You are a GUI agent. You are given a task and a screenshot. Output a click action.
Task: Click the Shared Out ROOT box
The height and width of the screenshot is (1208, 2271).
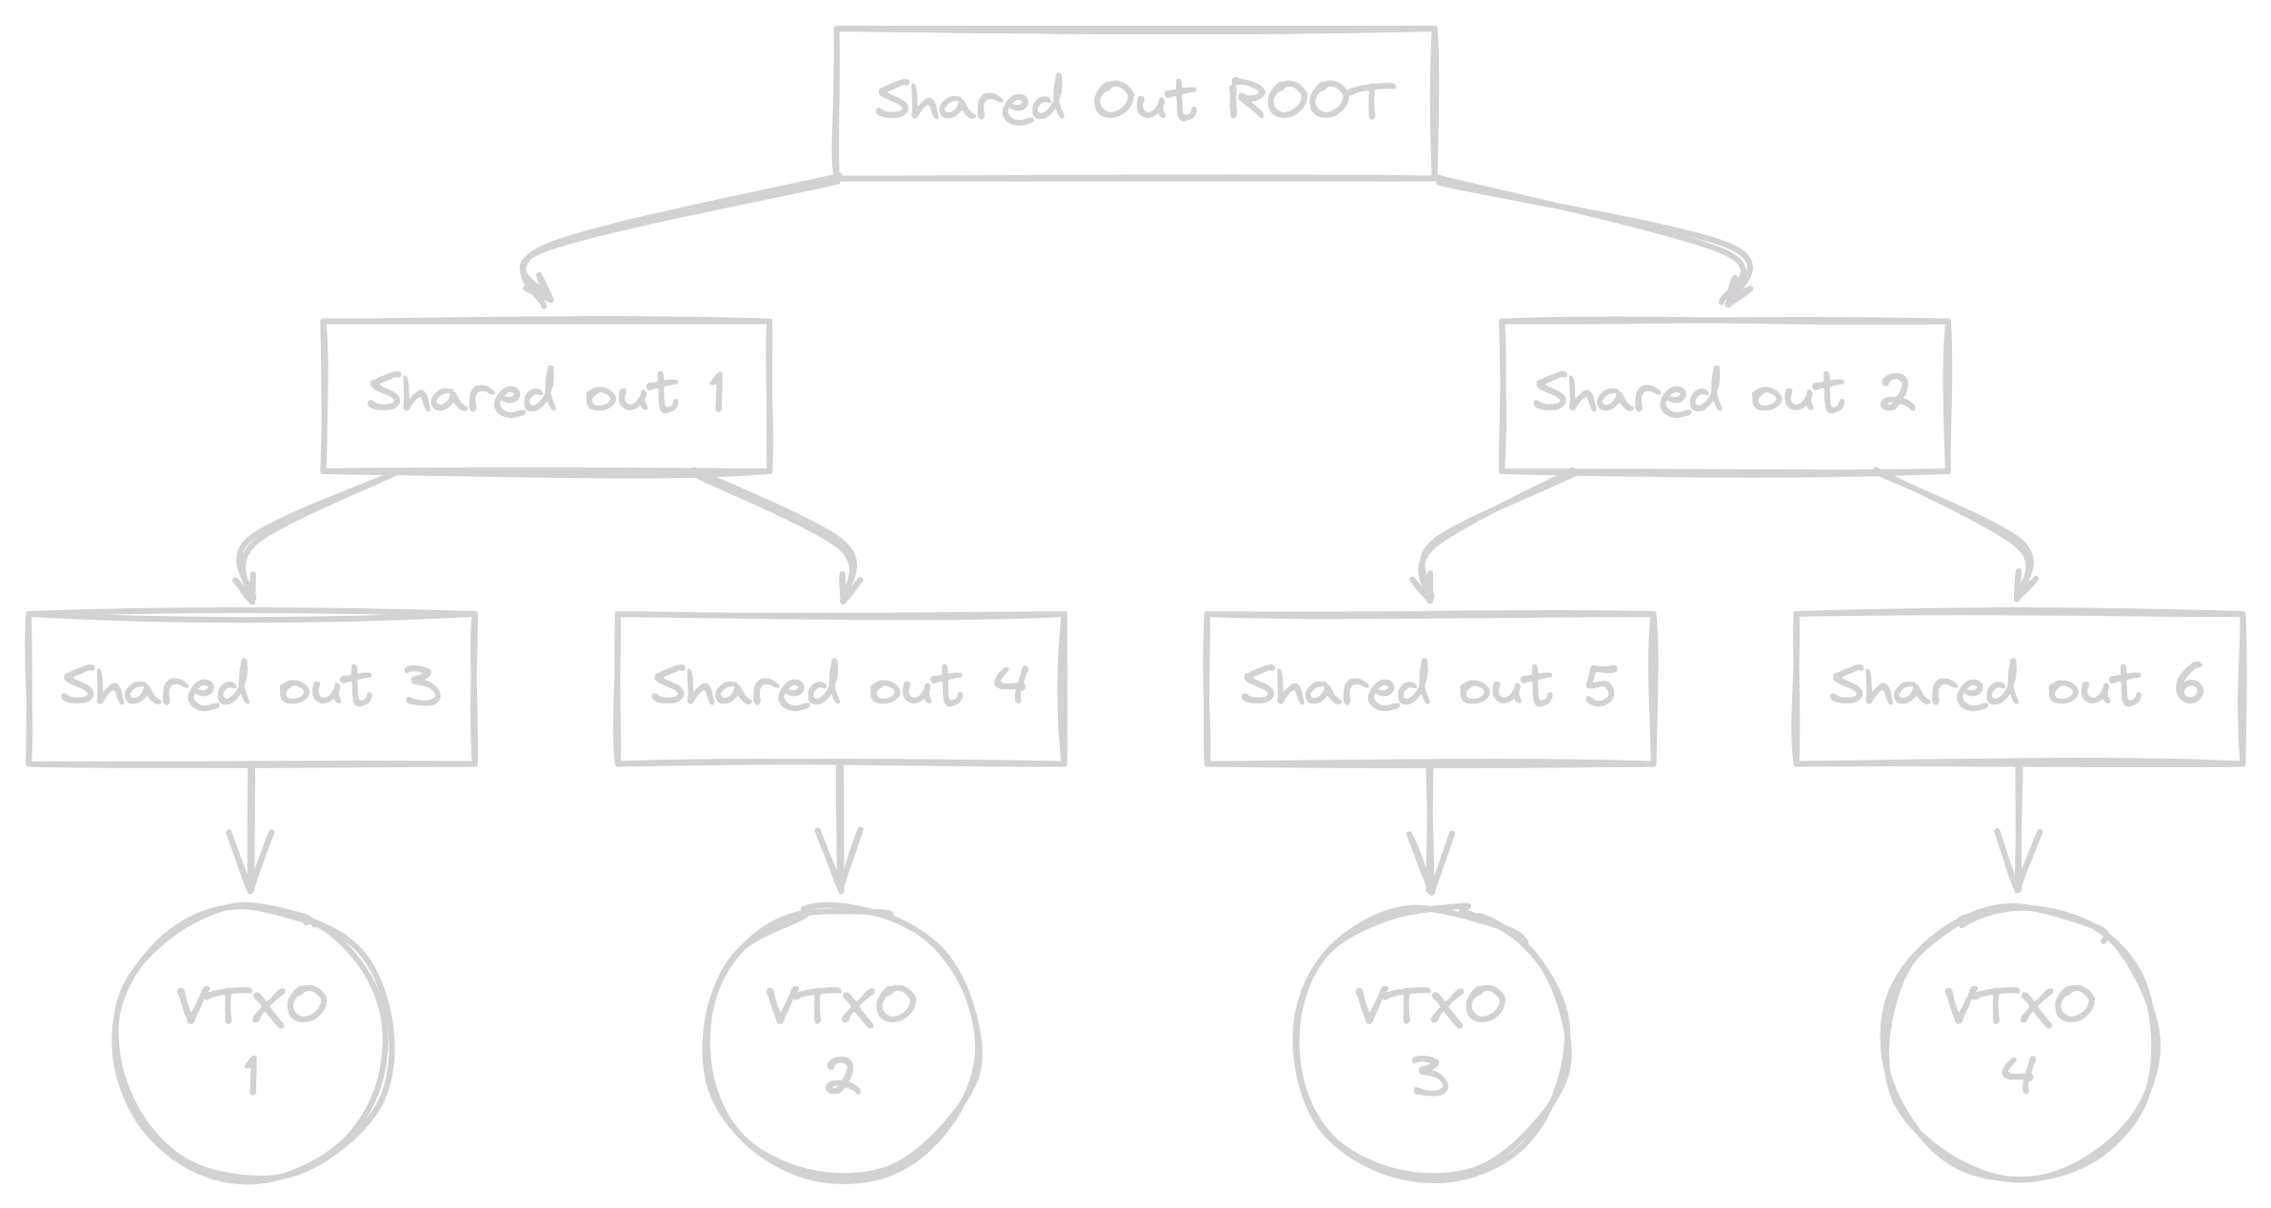click(x=1134, y=103)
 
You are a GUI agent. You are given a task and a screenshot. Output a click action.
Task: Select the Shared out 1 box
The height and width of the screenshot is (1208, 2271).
click(x=547, y=395)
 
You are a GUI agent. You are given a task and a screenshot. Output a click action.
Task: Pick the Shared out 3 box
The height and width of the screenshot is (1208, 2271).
click(x=251, y=687)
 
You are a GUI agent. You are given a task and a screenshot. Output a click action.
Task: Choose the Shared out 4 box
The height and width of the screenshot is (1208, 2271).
click(x=841, y=687)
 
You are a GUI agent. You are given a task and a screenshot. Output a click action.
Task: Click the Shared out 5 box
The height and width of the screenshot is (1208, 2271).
click(x=1430, y=687)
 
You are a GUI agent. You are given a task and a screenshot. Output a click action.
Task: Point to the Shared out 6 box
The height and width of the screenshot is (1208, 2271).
click(x=2019, y=687)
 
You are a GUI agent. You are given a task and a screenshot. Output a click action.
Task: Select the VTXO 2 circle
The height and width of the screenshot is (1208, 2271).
click(x=842, y=1042)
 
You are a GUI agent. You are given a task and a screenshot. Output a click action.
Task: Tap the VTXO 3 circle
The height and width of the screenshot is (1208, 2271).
click(x=1431, y=1042)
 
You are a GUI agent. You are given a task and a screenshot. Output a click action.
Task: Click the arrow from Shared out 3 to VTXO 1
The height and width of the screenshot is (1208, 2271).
click(x=251, y=828)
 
